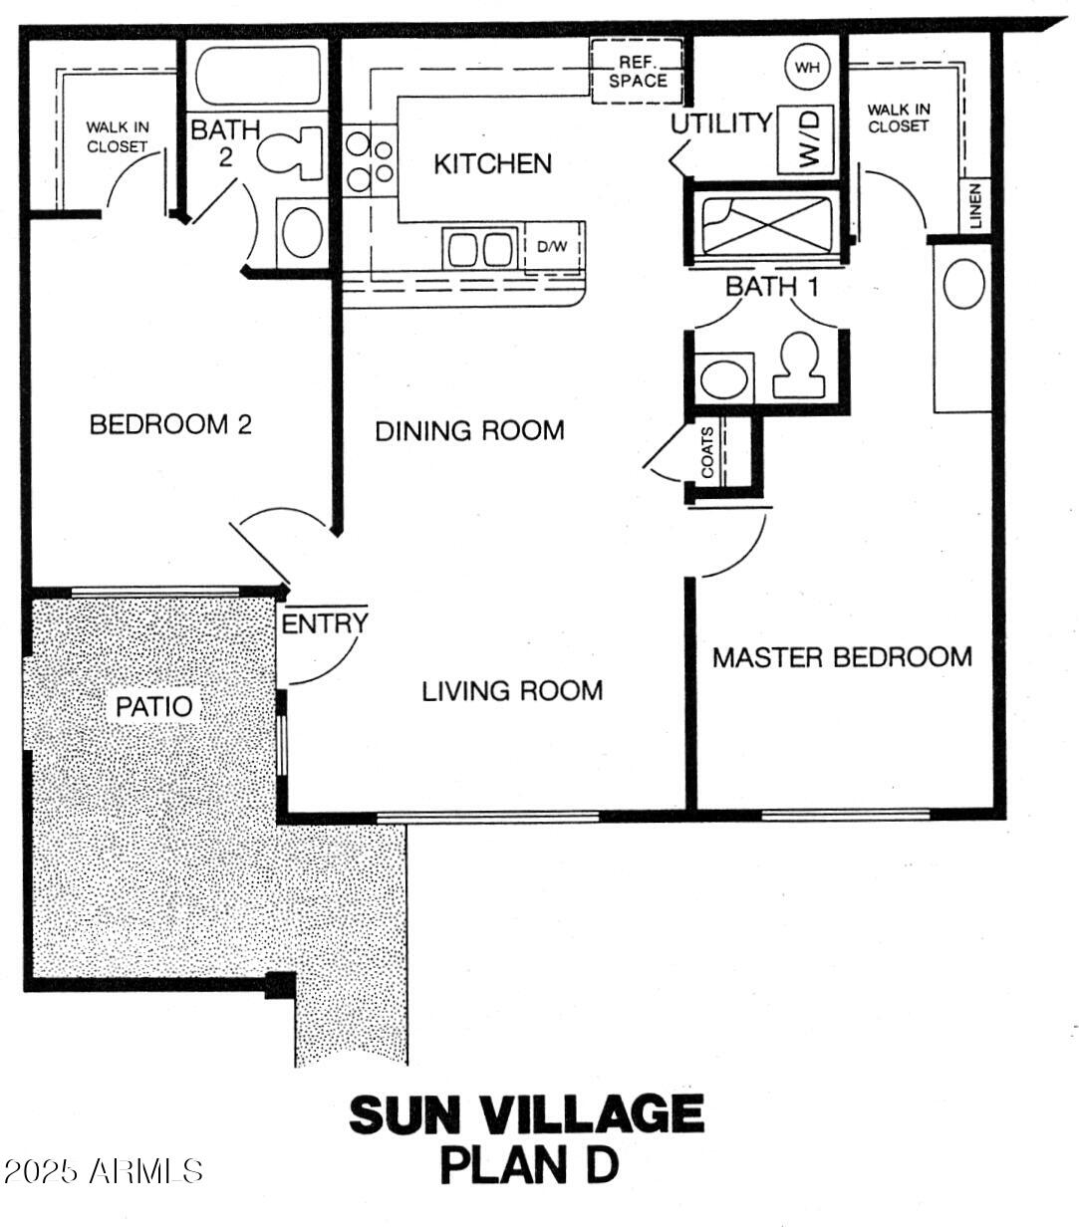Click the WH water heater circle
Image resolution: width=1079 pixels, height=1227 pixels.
[x=807, y=68]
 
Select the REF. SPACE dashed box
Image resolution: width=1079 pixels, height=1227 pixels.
[x=638, y=71]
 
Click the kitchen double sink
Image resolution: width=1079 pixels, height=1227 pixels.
[x=480, y=248]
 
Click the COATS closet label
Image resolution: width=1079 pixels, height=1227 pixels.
[x=707, y=453]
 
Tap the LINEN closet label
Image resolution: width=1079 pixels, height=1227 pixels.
[x=975, y=206]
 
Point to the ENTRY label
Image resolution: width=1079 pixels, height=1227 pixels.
[x=324, y=624]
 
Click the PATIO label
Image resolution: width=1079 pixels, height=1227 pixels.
[x=154, y=707]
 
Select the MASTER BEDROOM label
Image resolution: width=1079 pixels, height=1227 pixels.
[x=842, y=657]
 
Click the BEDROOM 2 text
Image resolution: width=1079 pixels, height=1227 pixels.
[x=170, y=425]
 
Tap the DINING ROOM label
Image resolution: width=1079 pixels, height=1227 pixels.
[x=469, y=431]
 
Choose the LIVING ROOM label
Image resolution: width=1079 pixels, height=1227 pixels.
[x=512, y=690]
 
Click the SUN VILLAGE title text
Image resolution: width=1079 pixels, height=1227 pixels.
[x=526, y=1114]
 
